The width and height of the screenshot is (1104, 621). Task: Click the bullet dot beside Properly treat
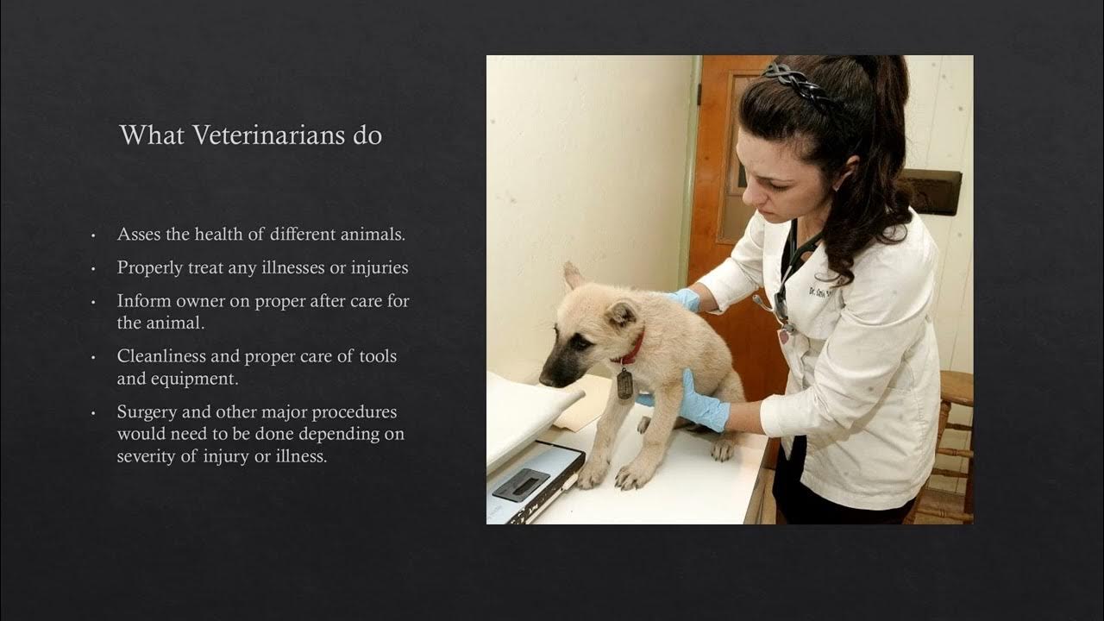[93, 268]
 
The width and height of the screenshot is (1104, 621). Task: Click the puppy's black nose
[546, 378]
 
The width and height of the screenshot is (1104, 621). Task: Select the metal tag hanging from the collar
[624, 383]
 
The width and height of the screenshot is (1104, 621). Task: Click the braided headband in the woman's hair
[802, 86]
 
